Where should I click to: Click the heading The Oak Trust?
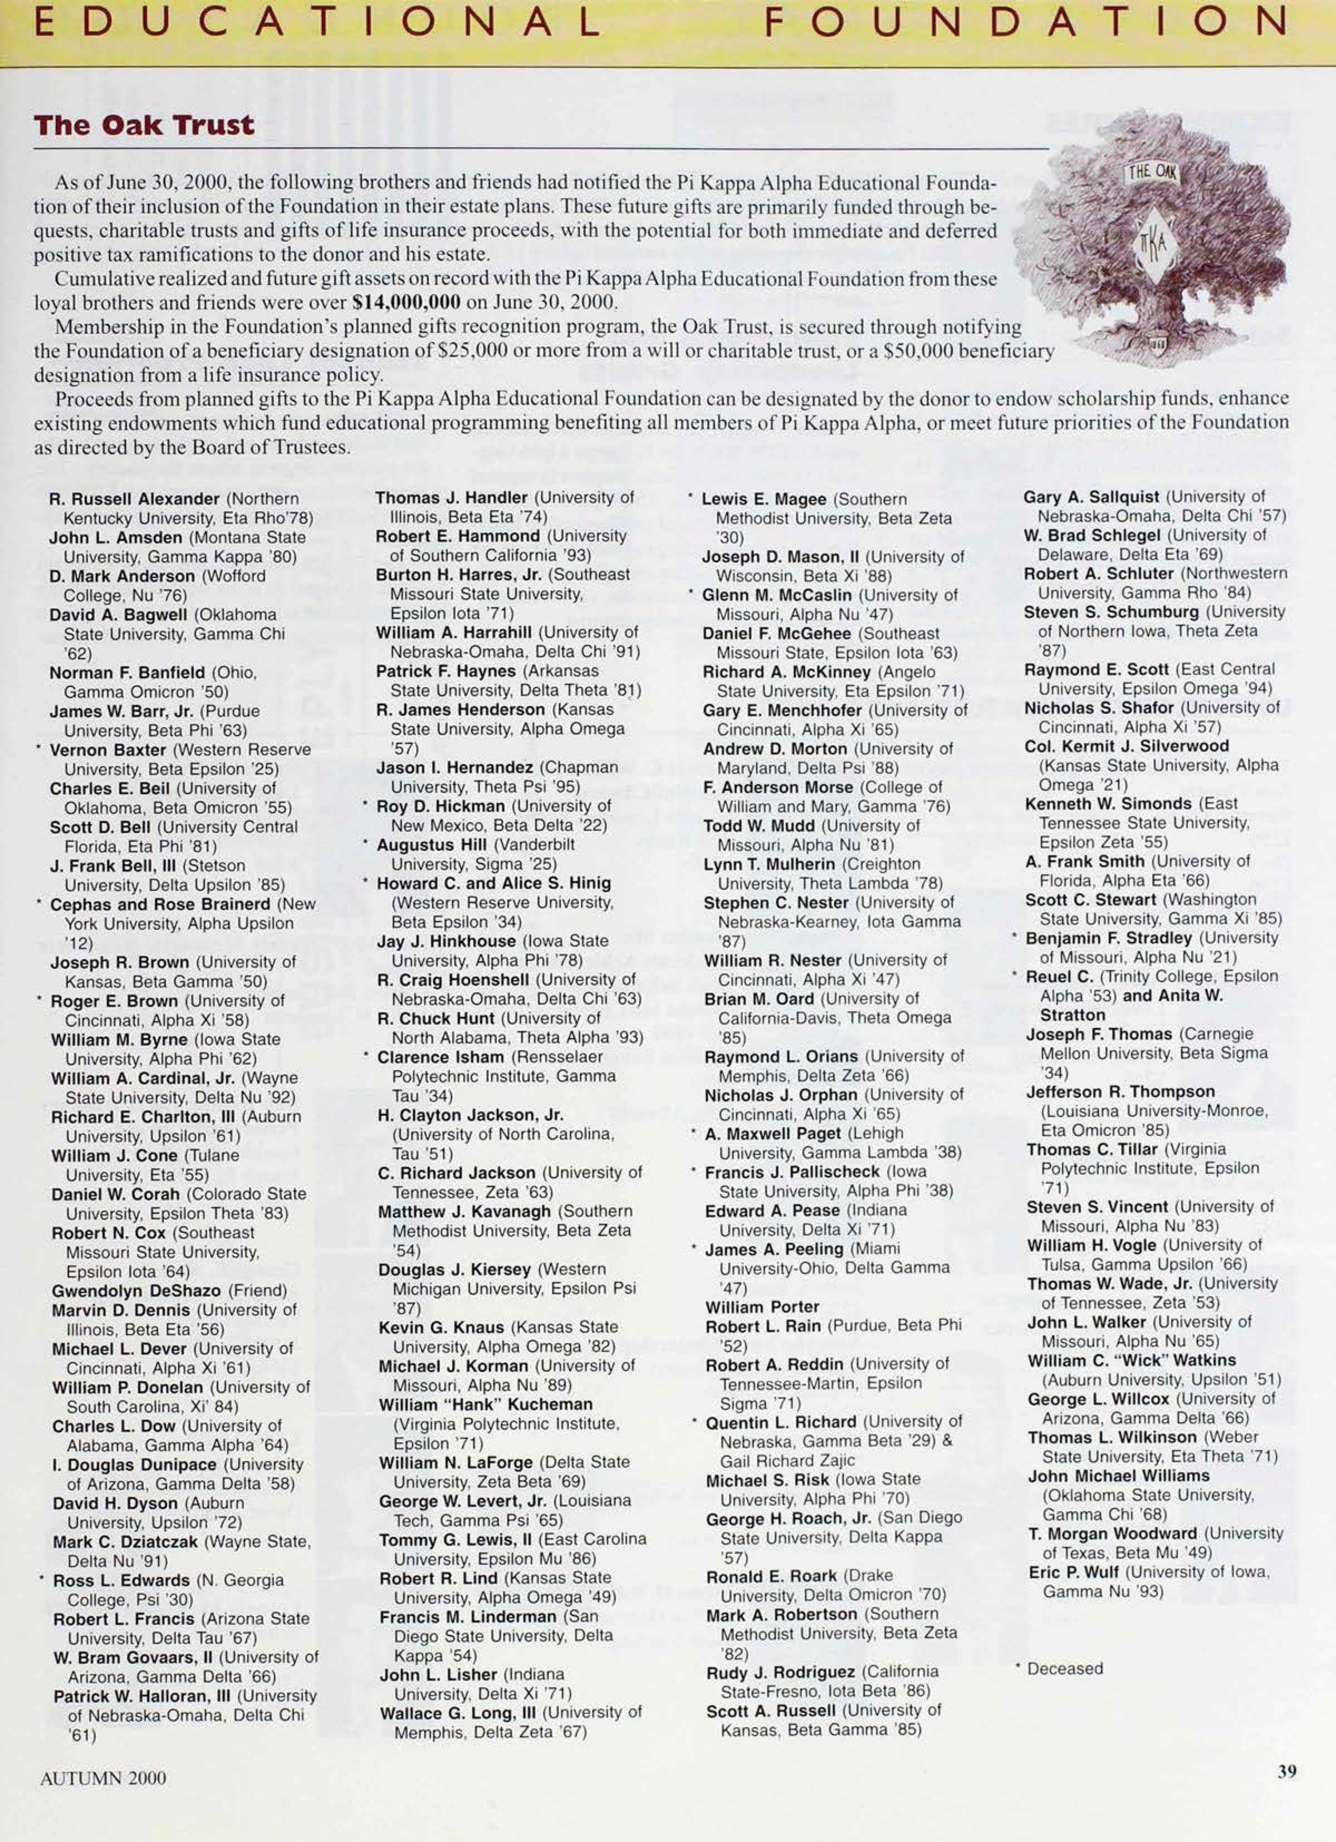[x=144, y=126]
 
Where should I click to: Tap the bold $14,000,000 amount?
[x=407, y=303]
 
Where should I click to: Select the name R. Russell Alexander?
[x=134, y=499]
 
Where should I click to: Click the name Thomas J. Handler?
[x=451, y=497]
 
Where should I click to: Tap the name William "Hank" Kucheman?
[x=485, y=1404]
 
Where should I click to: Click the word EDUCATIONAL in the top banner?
[x=317, y=25]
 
